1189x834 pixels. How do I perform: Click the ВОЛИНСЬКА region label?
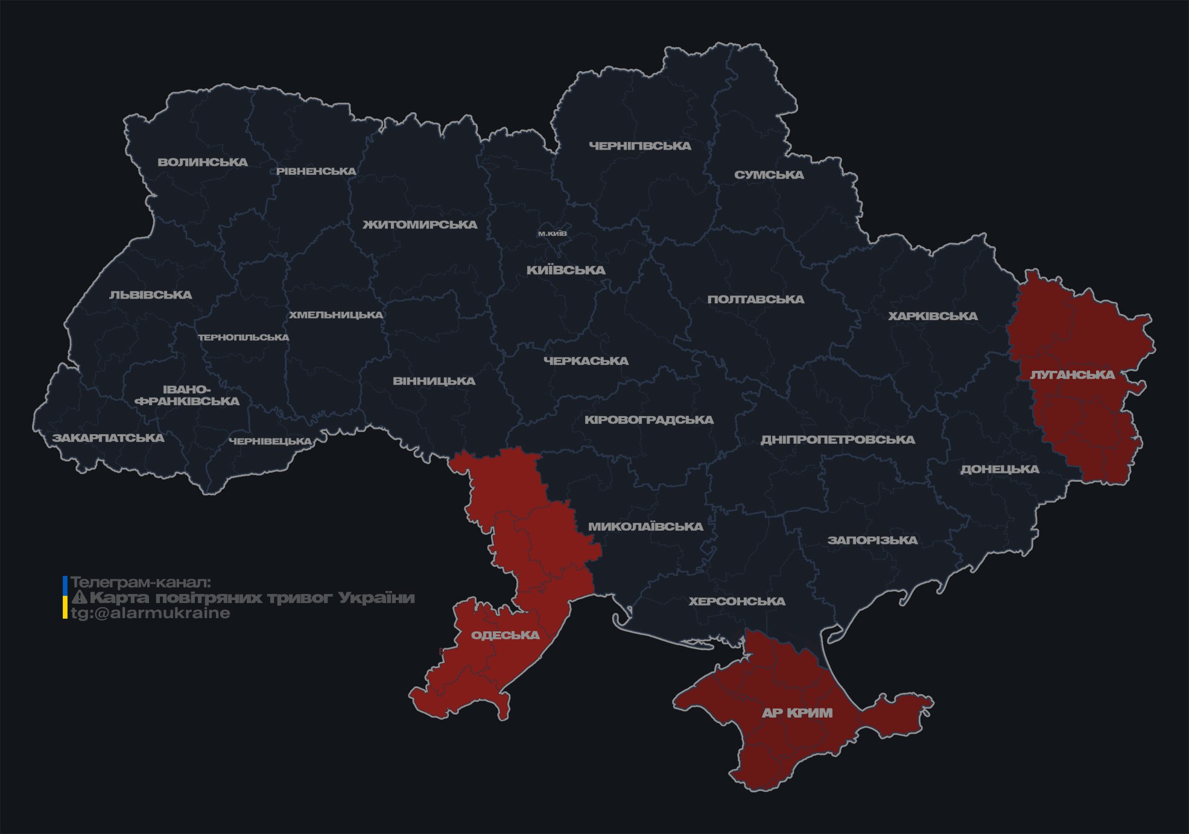point(203,162)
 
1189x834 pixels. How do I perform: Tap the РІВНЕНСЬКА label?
point(316,171)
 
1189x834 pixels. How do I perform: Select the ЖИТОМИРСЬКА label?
point(420,225)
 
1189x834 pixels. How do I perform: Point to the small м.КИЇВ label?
point(552,233)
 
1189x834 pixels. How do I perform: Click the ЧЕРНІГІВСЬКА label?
point(639,146)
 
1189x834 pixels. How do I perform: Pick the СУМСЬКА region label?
point(769,175)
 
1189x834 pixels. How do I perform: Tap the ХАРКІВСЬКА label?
point(933,316)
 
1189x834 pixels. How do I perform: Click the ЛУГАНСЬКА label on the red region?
point(1072,374)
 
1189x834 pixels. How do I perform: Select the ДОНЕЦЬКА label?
point(1000,469)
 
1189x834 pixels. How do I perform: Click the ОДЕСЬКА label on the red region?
point(505,635)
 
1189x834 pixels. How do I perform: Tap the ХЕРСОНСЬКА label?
point(737,601)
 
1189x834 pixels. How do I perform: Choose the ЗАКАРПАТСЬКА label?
point(108,438)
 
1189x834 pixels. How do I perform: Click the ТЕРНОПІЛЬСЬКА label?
point(244,337)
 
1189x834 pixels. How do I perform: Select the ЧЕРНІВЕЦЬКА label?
point(270,441)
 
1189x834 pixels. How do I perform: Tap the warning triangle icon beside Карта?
point(79,598)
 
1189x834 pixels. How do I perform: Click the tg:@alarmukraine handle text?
point(150,613)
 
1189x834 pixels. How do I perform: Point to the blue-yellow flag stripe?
point(65,598)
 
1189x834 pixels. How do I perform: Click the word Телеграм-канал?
point(141,583)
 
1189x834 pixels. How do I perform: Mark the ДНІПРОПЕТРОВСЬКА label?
point(837,440)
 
